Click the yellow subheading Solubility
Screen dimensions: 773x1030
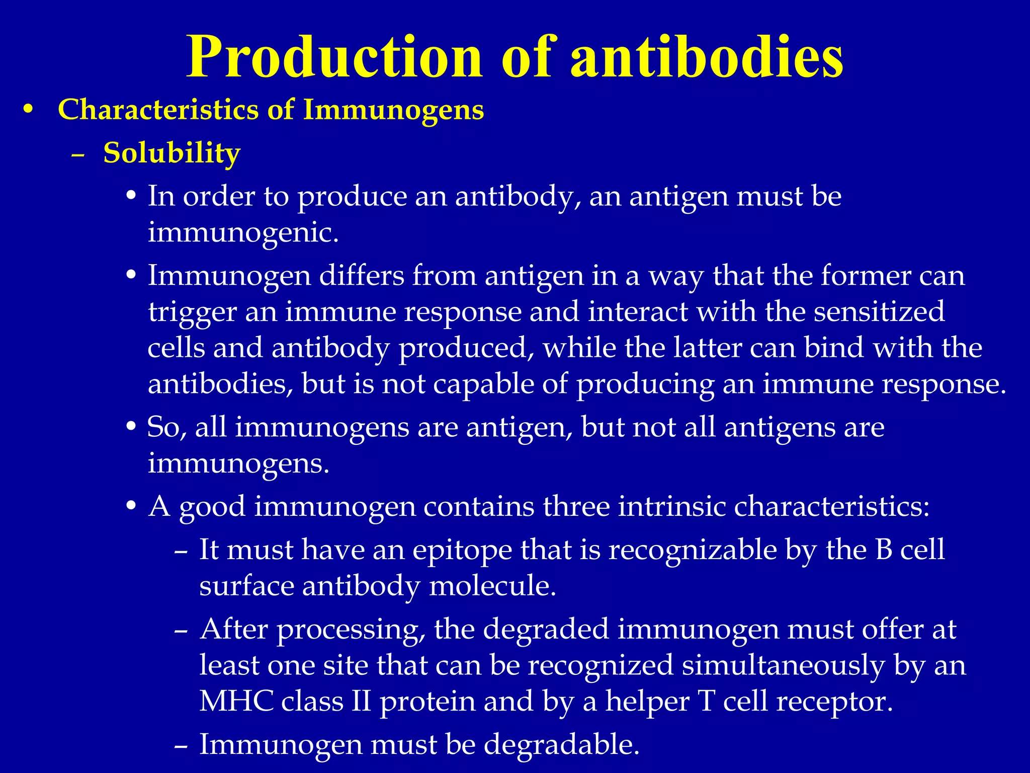coord(171,153)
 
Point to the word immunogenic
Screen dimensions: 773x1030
coord(243,233)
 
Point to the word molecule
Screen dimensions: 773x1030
coord(492,586)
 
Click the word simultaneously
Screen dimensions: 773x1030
coord(783,665)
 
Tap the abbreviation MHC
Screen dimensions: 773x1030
coord(236,701)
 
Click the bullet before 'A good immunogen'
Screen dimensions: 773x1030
coord(131,507)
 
